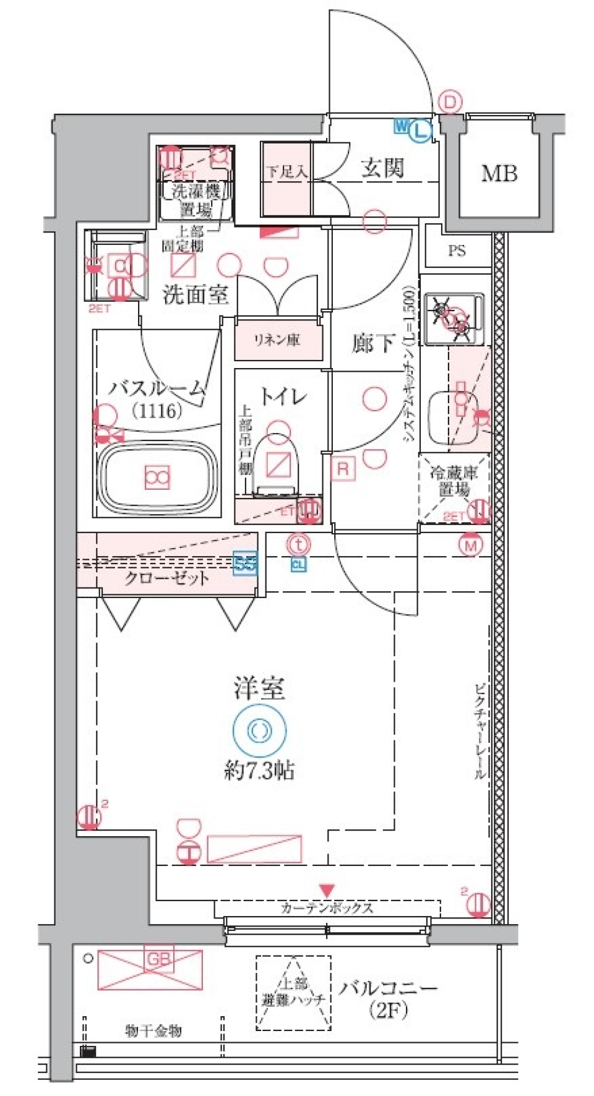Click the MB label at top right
tap(499, 174)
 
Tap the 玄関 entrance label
tap(382, 168)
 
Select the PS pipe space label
tap(457, 251)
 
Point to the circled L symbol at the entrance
tap(421, 130)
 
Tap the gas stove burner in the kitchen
tap(455, 318)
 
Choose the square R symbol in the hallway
tap(343, 469)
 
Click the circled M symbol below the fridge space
tap(471, 546)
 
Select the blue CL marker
tap(298, 564)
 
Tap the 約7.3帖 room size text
tap(259, 771)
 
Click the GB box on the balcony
tap(158, 959)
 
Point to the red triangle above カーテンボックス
tap(327, 891)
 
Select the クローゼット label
tap(166, 578)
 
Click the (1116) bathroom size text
tap(157, 410)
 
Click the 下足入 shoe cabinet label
tap(286, 172)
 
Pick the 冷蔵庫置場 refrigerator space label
tap(454, 481)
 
